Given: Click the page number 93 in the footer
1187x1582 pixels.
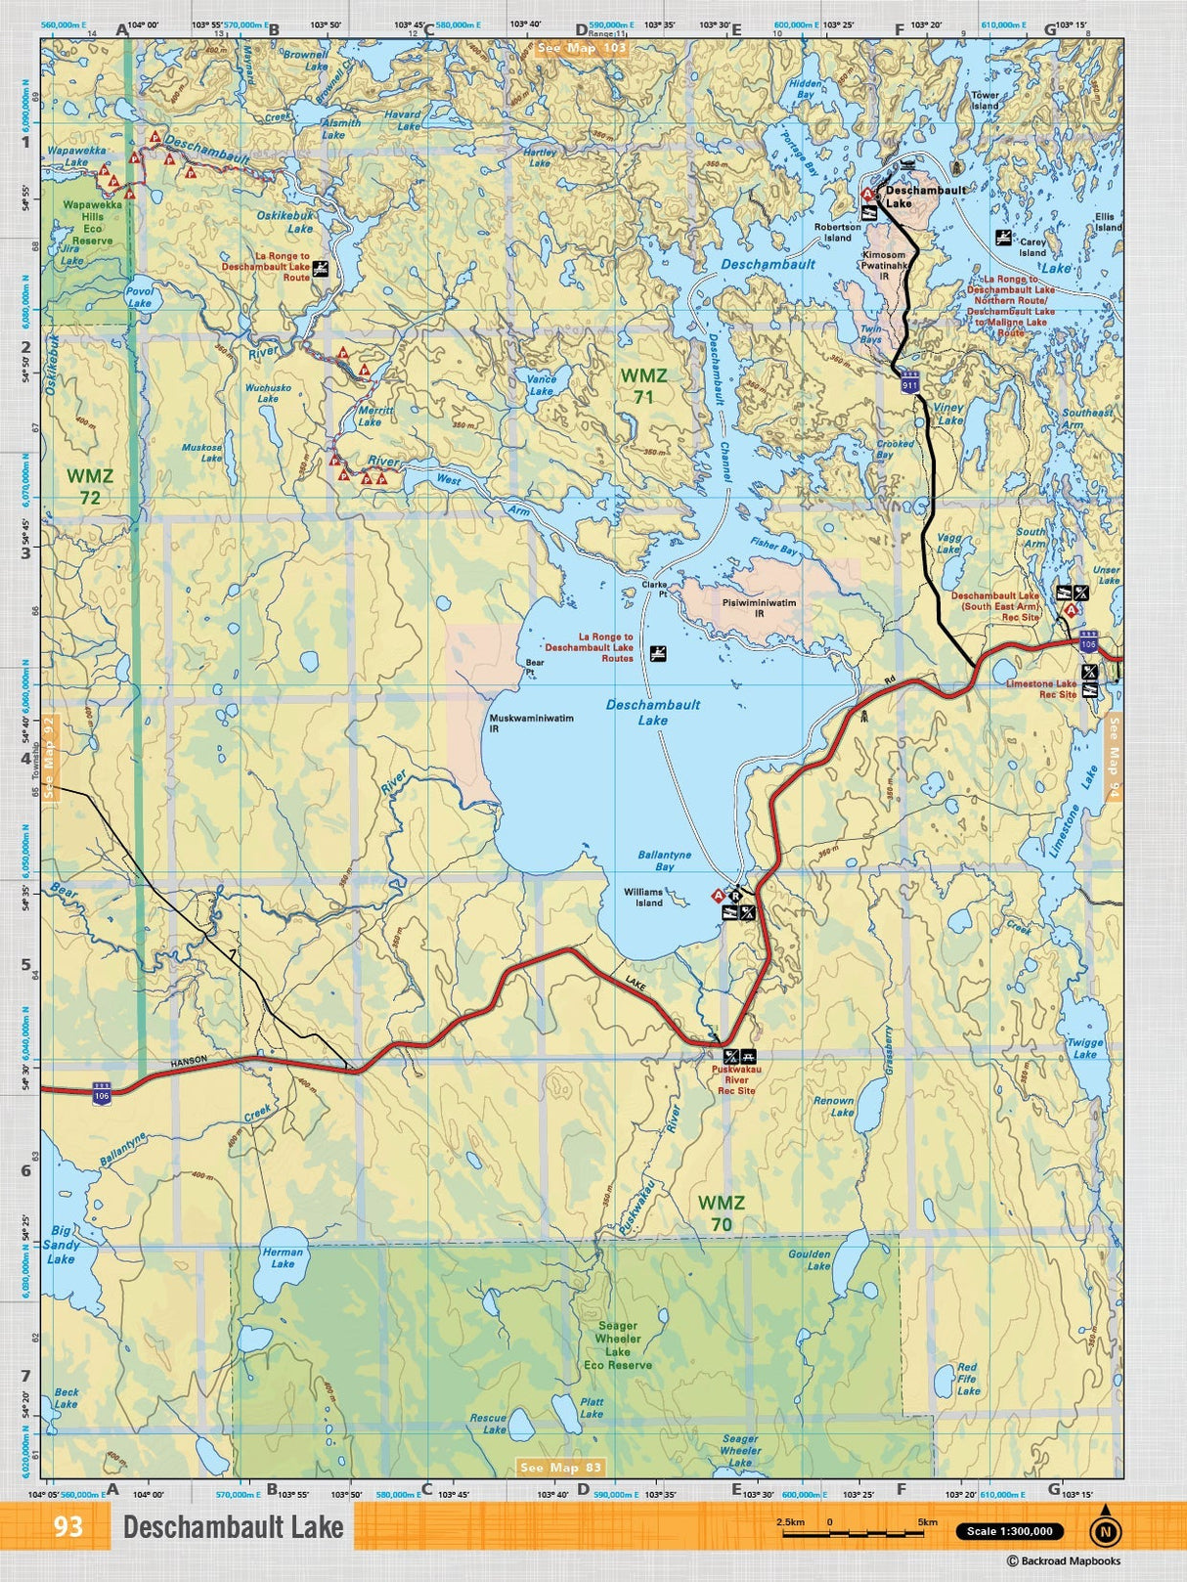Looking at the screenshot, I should [68, 1526].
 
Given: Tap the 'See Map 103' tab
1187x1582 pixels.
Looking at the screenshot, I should [582, 47].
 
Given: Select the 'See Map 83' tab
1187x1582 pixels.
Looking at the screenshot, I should [561, 1467].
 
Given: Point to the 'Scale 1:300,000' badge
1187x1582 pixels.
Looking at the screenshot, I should [1009, 1531].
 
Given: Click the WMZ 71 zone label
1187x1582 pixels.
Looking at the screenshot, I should [643, 385].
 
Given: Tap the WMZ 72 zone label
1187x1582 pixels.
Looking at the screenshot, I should [90, 487].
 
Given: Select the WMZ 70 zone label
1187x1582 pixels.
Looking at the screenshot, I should [722, 1212].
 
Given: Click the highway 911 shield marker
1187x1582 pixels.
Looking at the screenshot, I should [910, 384].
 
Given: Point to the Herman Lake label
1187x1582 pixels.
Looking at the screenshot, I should [283, 1257].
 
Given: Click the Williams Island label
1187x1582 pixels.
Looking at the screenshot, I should [643, 897].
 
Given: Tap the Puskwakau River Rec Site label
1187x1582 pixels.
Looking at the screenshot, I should [736, 1079].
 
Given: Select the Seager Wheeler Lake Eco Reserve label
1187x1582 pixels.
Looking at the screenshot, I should [617, 1345].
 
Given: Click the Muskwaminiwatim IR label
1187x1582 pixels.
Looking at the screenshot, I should [531, 723].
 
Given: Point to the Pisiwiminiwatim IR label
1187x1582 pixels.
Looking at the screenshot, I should [759, 608].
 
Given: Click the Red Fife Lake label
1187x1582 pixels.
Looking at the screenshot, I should [967, 1379].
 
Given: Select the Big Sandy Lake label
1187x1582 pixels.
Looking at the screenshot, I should [61, 1245].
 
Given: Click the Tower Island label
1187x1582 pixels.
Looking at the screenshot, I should [985, 100].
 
